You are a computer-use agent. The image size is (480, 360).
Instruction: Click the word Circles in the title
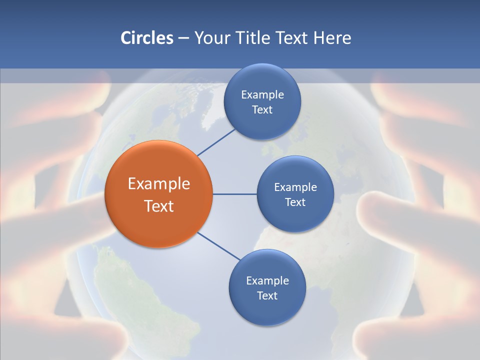[x=147, y=38]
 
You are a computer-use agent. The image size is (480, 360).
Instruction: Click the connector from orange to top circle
[x=216, y=142]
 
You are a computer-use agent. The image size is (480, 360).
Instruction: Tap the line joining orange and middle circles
[x=234, y=194]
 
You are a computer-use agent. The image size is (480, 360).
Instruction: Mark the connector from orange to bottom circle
[x=219, y=246]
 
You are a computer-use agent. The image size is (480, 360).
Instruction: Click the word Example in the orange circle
[x=159, y=184]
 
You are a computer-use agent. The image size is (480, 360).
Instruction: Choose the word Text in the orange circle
[x=159, y=206]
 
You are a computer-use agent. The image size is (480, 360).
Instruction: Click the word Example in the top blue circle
[x=262, y=94]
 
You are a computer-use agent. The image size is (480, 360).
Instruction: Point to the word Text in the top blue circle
[x=262, y=109]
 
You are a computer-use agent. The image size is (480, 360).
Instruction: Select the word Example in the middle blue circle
[x=295, y=187]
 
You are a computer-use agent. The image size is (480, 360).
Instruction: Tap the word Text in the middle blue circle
[x=295, y=202]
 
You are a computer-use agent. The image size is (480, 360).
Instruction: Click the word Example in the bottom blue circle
[x=267, y=280]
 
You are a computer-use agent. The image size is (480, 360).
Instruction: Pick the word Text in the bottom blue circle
[x=267, y=295]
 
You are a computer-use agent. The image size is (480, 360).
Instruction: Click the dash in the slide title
[x=183, y=38]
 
